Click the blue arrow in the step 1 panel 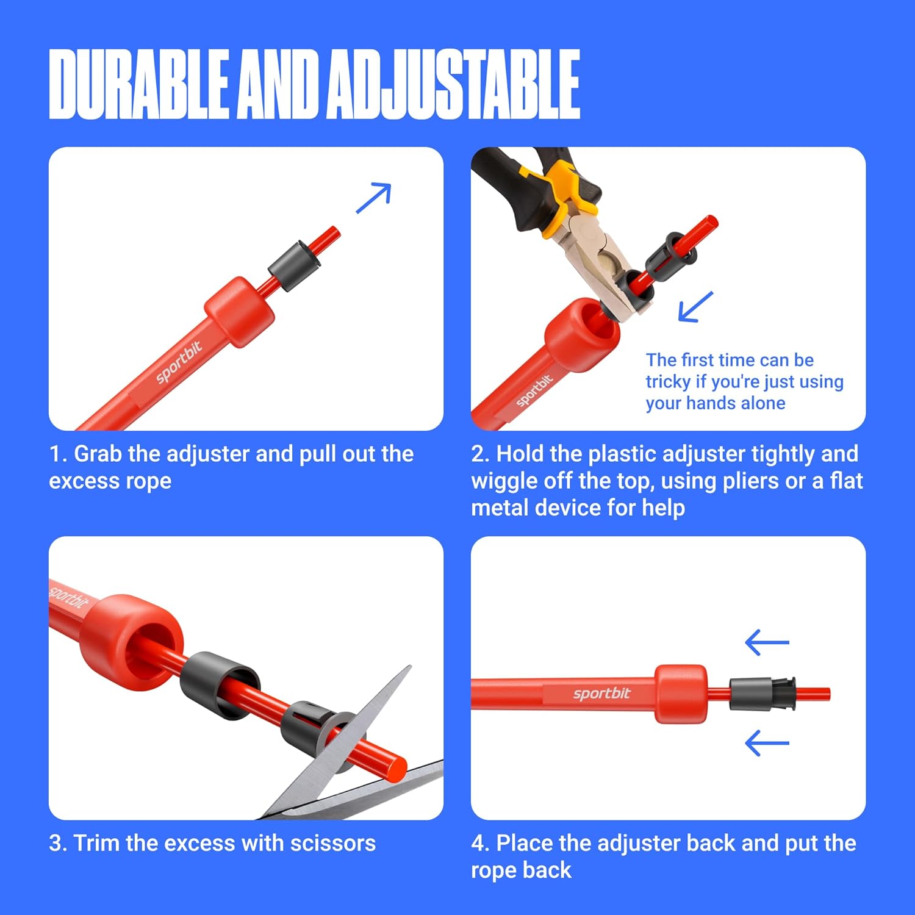click(373, 198)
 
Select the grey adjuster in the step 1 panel click(294, 266)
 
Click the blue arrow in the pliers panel click(695, 307)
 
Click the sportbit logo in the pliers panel click(534, 390)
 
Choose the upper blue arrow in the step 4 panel click(767, 642)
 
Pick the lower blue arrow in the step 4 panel click(767, 743)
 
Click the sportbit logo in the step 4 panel click(601, 694)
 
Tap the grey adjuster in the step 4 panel click(762, 694)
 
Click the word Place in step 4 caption click(525, 843)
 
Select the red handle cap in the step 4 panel click(681, 694)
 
